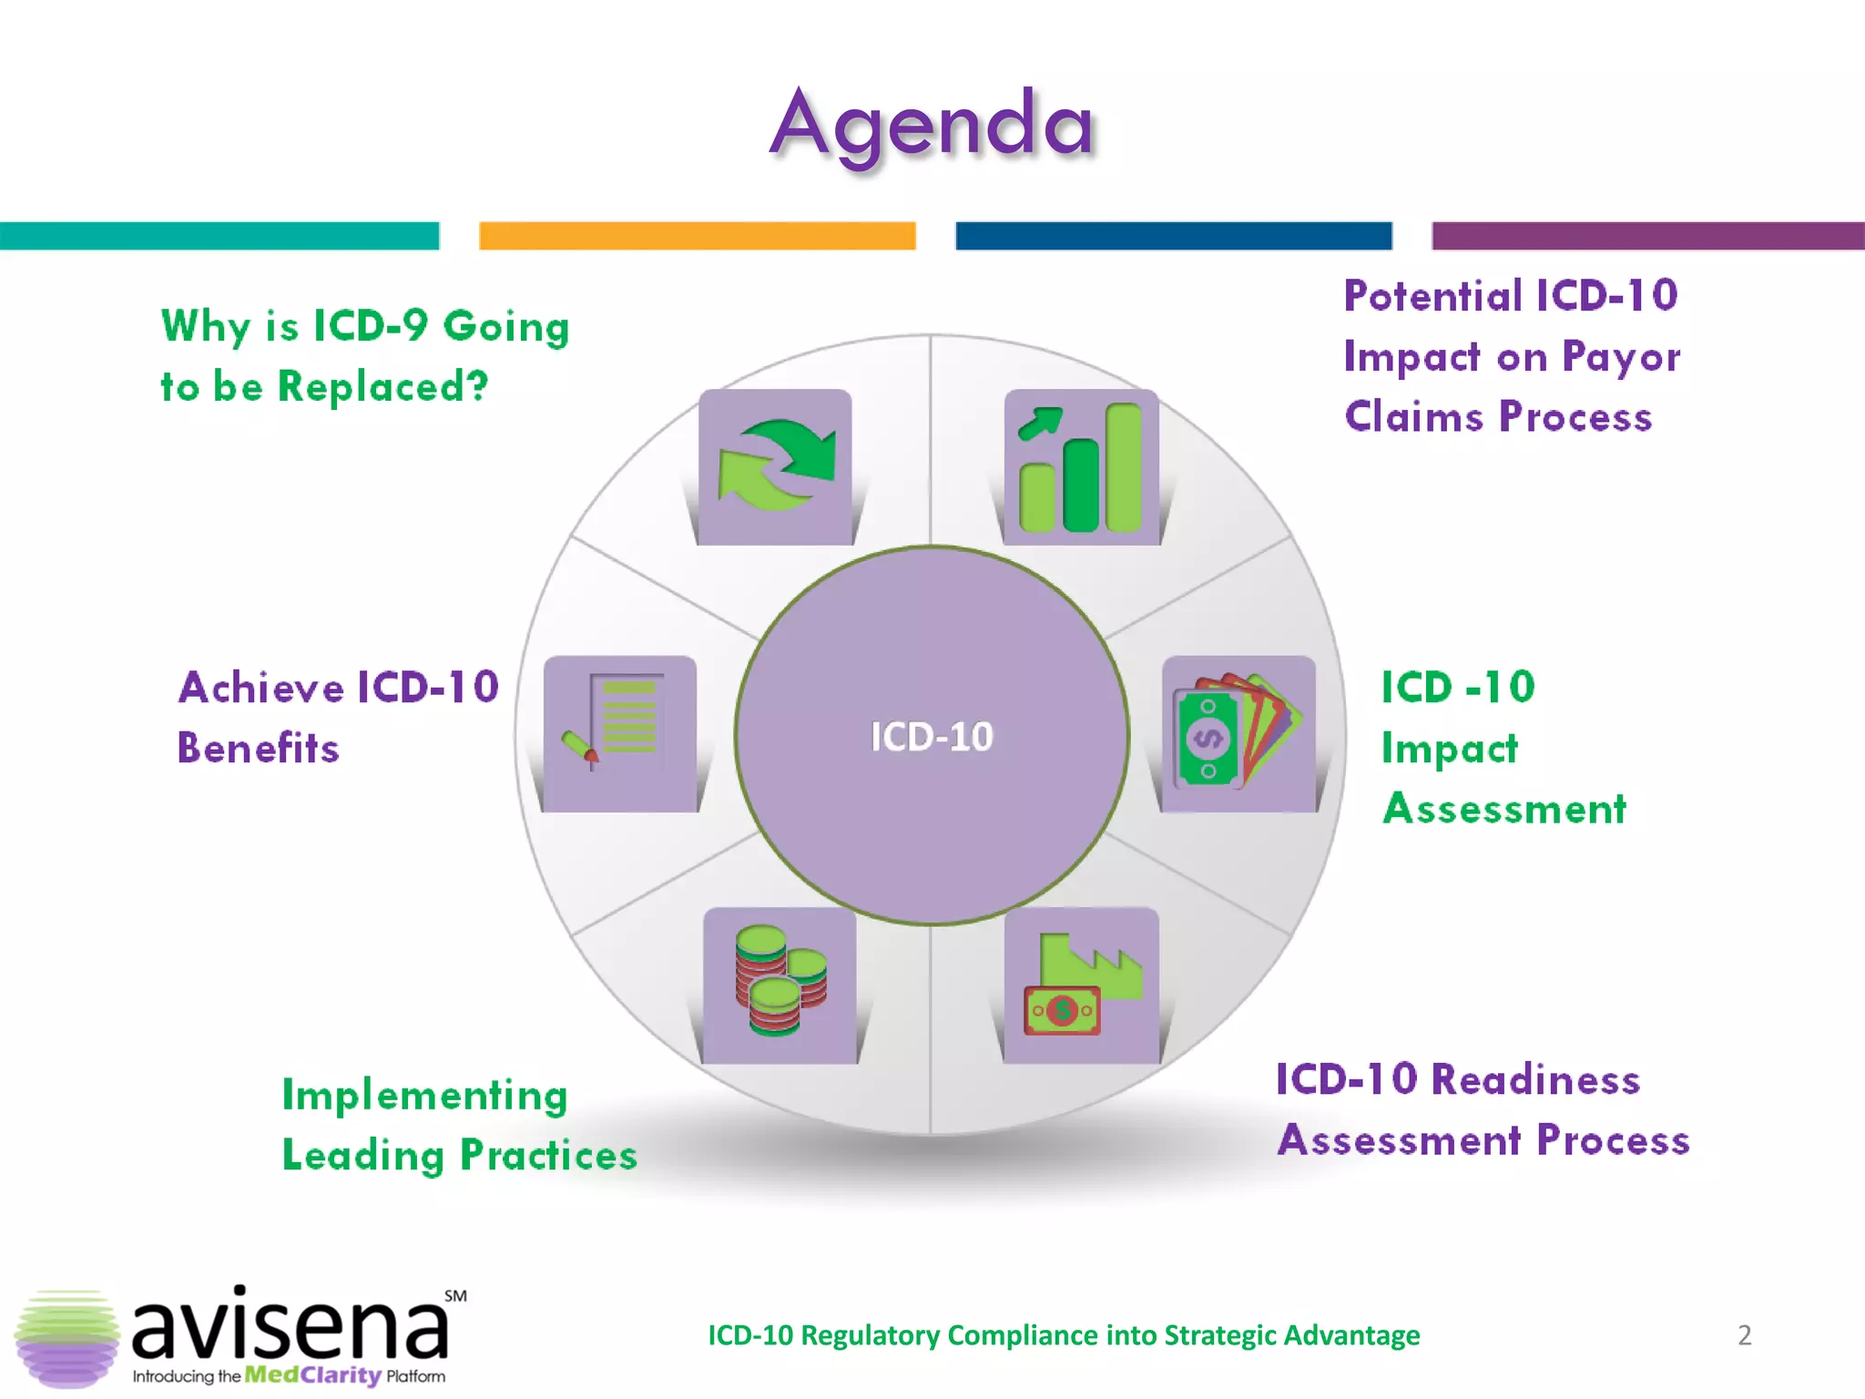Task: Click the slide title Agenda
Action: [932, 125]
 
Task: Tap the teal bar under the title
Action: [219, 236]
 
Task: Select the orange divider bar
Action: [697, 236]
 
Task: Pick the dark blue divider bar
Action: [1173, 236]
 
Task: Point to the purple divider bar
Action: [1647, 236]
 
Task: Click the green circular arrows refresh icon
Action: [776, 465]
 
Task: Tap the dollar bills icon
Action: [1238, 732]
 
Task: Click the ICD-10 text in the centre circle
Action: [932, 737]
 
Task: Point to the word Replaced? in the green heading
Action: [383, 387]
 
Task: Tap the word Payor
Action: [1621, 357]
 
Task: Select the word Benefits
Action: [259, 749]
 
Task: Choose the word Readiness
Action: [1535, 1080]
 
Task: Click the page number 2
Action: [1744, 1335]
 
